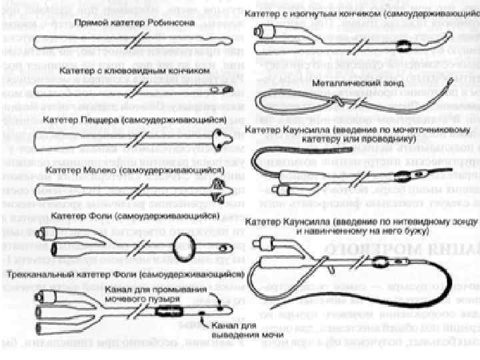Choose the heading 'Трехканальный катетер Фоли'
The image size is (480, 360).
point(133,274)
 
